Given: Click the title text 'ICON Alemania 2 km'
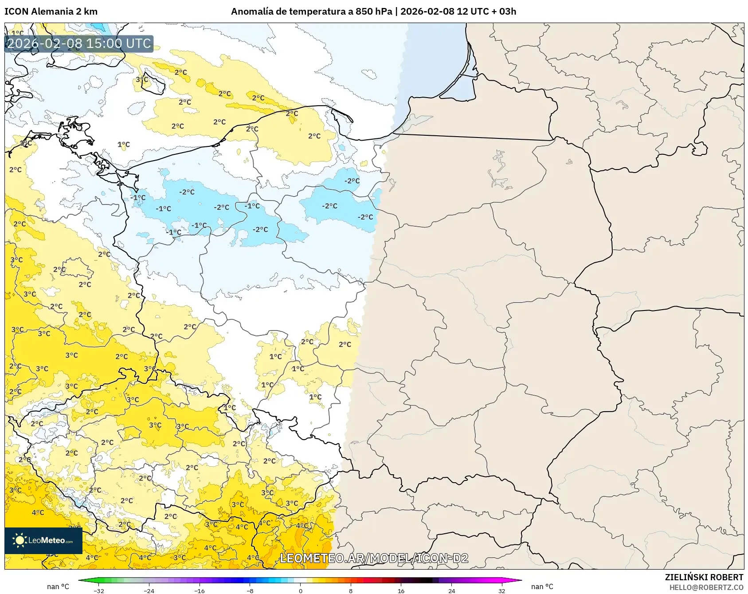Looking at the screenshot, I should click(x=51, y=12).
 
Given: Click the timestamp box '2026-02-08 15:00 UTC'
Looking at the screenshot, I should click(x=79, y=43).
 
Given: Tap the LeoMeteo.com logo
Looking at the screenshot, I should click(x=43, y=540).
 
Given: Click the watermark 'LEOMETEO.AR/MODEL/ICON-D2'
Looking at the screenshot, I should click(x=374, y=558).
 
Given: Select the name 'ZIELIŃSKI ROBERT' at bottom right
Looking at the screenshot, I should click(x=704, y=577).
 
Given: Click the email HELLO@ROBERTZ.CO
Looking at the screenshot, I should click(x=706, y=587).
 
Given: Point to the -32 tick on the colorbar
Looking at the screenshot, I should click(x=99, y=590).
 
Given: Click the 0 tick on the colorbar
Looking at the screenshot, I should click(x=301, y=590).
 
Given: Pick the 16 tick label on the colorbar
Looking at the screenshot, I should click(x=401, y=590).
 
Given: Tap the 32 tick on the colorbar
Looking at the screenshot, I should click(x=501, y=590).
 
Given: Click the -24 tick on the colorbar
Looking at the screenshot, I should click(x=149, y=590).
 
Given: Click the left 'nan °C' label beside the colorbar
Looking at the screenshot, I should click(x=58, y=586).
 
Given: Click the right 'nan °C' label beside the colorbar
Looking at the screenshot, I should click(x=542, y=586).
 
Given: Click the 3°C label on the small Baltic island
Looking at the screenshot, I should click(x=142, y=80).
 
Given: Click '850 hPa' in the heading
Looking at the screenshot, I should click(x=374, y=12).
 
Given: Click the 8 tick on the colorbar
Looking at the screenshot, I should click(x=351, y=590).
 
